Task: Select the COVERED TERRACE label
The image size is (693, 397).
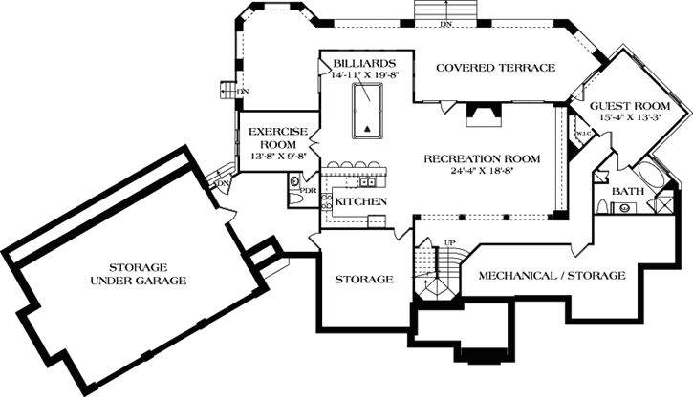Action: click(x=494, y=68)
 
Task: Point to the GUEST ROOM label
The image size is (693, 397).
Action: click(x=629, y=104)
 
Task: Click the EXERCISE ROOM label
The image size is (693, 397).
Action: click(x=277, y=136)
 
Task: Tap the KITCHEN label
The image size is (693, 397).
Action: click(x=360, y=202)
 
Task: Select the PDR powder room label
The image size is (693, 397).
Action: click(x=308, y=190)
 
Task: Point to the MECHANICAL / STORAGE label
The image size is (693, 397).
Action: click(x=551, y=275)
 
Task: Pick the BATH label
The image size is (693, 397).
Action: click(x=628, y=192)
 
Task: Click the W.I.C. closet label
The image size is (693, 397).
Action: click(x=582, y=134)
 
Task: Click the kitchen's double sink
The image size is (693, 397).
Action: click(x=366, y=181)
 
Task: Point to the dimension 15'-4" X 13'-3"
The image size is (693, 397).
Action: click(x=629, y=116)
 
